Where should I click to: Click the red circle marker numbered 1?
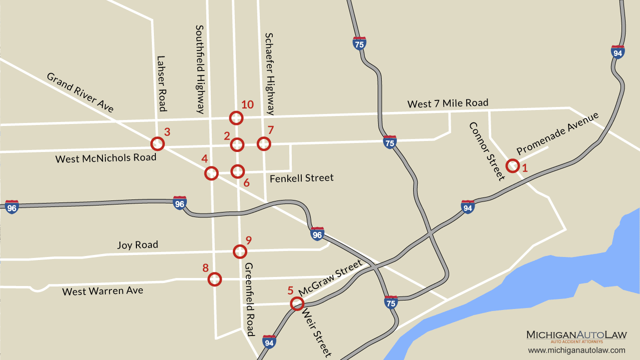[512, 166]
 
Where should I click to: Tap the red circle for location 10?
[236, 118]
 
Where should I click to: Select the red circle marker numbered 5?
[297, 303]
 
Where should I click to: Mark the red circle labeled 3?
[157, 144]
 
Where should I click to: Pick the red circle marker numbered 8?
[214, 279]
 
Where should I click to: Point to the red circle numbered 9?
[240, 251]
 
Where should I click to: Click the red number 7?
[270, 130]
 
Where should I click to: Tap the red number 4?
[204, 159]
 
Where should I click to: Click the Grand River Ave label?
[80, 92]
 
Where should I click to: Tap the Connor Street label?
[487, 150]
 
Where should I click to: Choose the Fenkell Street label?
[301, 178]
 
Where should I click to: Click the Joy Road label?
[137, 245]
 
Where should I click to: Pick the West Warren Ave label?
[102, 291]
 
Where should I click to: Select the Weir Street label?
[316, 332]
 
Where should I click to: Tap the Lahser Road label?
[161, 83]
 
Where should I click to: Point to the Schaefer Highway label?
[270, 73]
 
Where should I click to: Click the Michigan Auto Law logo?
[576, 336]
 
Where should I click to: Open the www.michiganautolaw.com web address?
[577, 350]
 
